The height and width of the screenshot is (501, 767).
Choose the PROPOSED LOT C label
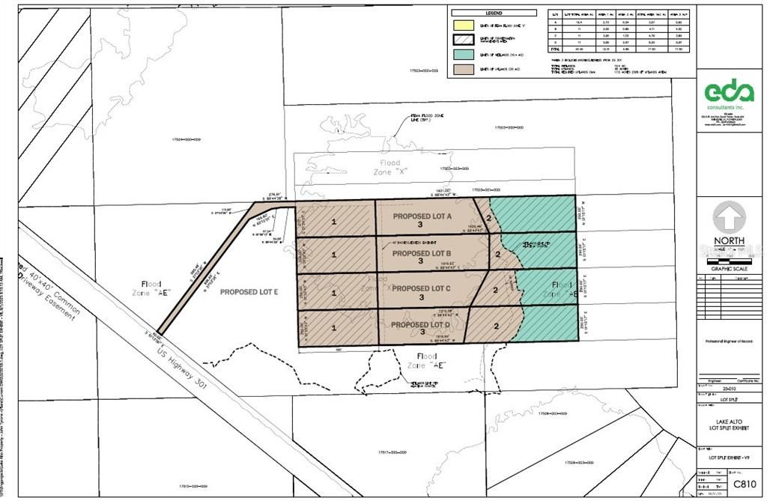422,288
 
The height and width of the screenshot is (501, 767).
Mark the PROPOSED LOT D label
419,324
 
